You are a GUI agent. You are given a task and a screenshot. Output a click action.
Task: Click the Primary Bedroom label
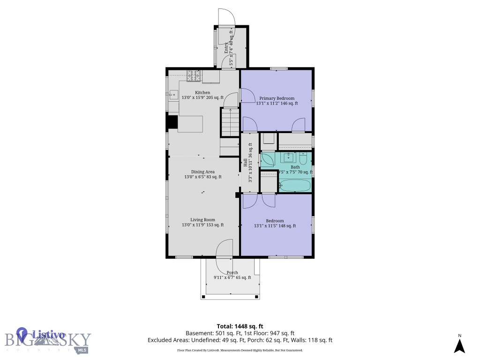277,98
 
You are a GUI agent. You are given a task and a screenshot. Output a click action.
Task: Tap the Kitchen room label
202,93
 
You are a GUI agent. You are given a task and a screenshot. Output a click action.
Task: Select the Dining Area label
202,172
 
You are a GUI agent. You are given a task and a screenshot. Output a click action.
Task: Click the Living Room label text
202,220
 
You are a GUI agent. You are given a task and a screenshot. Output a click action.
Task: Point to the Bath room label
295,167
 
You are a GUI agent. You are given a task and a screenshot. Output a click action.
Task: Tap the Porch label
232,272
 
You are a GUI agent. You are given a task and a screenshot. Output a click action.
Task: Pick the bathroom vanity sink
287,157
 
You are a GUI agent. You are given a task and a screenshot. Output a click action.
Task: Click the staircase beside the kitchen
230,122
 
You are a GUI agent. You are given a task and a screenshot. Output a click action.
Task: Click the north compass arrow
459,345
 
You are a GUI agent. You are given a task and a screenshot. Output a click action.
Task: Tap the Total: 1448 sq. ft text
240,326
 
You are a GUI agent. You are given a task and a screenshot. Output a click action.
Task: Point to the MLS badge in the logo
82,350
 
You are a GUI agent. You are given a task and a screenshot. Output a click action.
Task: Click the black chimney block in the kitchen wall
172,122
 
